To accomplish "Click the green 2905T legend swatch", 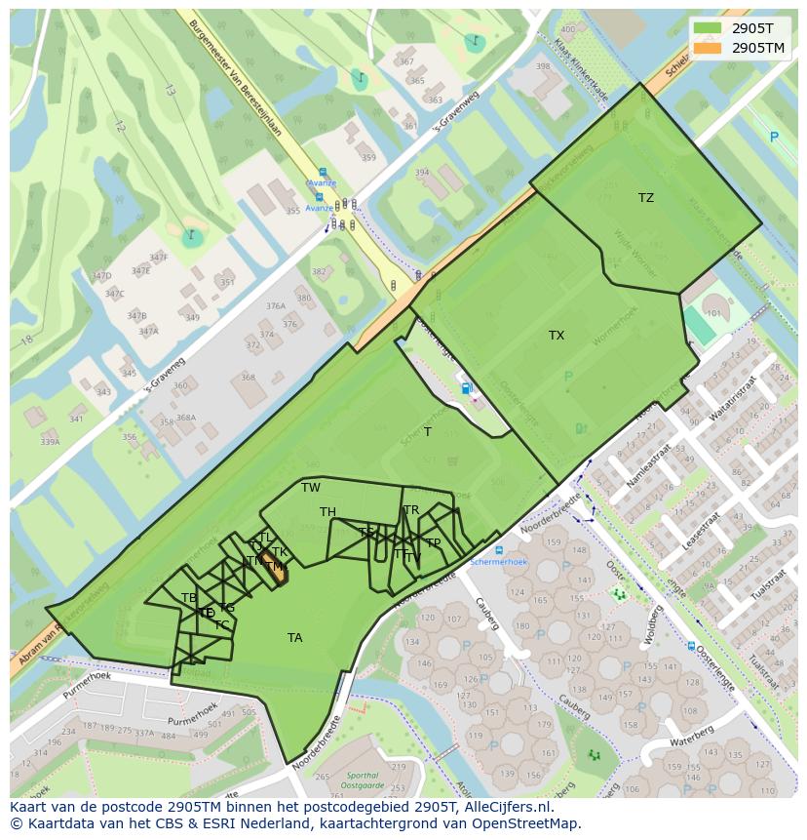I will (709, 28).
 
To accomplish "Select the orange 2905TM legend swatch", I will (709, 48).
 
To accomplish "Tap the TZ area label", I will (646, 198).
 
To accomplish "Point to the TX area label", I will (557, 336).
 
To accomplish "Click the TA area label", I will (294, 638).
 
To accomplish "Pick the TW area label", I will (311, 488).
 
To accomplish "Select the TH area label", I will (327, 512).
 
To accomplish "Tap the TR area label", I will (411, 510).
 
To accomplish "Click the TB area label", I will (189, 598).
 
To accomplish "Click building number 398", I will (543, 66).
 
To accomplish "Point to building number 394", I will (421, 173).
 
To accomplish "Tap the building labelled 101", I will (713, 313).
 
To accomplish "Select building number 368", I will (248, 378).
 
